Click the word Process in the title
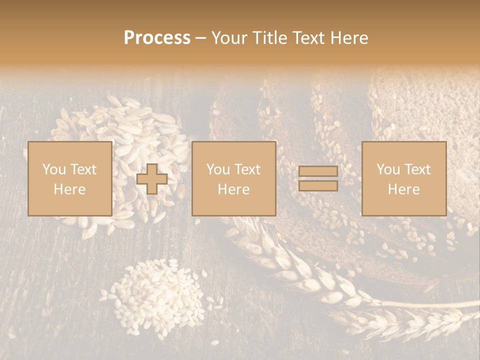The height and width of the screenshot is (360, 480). coord(157,38)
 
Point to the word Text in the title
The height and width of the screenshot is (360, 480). coord(310,38)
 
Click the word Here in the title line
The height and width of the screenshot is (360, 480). coord(349,38)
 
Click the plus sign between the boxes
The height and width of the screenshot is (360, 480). coord(152,179)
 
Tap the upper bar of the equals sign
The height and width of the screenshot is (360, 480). coord(318,171)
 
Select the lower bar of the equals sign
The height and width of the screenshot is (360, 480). coord(318,186)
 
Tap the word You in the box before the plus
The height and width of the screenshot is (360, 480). coord(53,169)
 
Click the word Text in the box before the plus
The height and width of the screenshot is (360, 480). coord(83,169)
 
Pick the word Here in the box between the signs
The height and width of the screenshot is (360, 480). coord(233,189)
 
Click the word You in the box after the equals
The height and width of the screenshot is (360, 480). coord(388,169)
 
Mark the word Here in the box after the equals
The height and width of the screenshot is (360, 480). coord(403,189)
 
